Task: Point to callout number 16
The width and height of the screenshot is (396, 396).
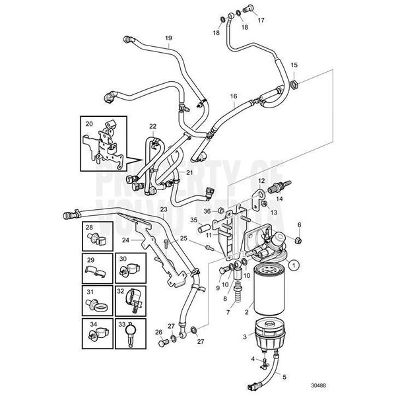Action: tap(233, 96)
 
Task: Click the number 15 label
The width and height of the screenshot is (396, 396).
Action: tap(294, 65)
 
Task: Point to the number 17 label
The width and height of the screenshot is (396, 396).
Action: tap(261, 20)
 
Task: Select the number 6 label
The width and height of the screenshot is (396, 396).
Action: tap(299, 225)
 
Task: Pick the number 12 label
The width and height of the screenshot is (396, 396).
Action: tap(261, 180)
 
